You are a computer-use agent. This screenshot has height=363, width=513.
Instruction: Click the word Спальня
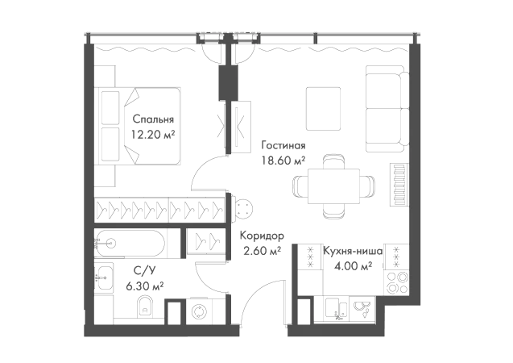click(153, 119)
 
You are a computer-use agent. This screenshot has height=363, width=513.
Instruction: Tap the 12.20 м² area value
click(153, 135)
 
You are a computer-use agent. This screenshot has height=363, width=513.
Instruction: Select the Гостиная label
click(283, 145)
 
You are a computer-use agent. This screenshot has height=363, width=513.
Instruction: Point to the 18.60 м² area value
click(283, 161)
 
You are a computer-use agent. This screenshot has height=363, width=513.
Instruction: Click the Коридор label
click(262, 236)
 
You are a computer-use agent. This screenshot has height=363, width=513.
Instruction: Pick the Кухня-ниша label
click(353, 252)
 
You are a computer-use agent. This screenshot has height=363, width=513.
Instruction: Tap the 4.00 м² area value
click(353, 266)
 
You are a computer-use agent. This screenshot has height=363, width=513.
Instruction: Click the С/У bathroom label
click(144, 270)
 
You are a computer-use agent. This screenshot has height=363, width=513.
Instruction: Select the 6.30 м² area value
click(145, 286)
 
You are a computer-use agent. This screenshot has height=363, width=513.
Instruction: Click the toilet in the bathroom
click(145, 306)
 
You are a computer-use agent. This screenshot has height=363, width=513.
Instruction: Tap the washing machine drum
click(198, 311)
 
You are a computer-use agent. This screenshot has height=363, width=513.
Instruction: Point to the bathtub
click(130, 243)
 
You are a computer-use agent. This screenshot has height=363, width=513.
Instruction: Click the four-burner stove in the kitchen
click(397, 282)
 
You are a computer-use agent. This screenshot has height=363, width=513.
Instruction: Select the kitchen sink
click(337, 309)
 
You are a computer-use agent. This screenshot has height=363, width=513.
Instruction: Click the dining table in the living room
click(333, 186)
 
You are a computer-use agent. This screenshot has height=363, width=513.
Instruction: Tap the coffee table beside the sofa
click(323, 109)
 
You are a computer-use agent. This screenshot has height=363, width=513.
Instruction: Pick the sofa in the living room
click(387, 109)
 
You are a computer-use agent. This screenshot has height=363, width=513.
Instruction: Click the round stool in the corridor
click(242, 208)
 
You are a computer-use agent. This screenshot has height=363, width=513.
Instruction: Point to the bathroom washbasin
click(104, 277)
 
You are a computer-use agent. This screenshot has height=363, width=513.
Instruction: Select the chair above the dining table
click(333, 161)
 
